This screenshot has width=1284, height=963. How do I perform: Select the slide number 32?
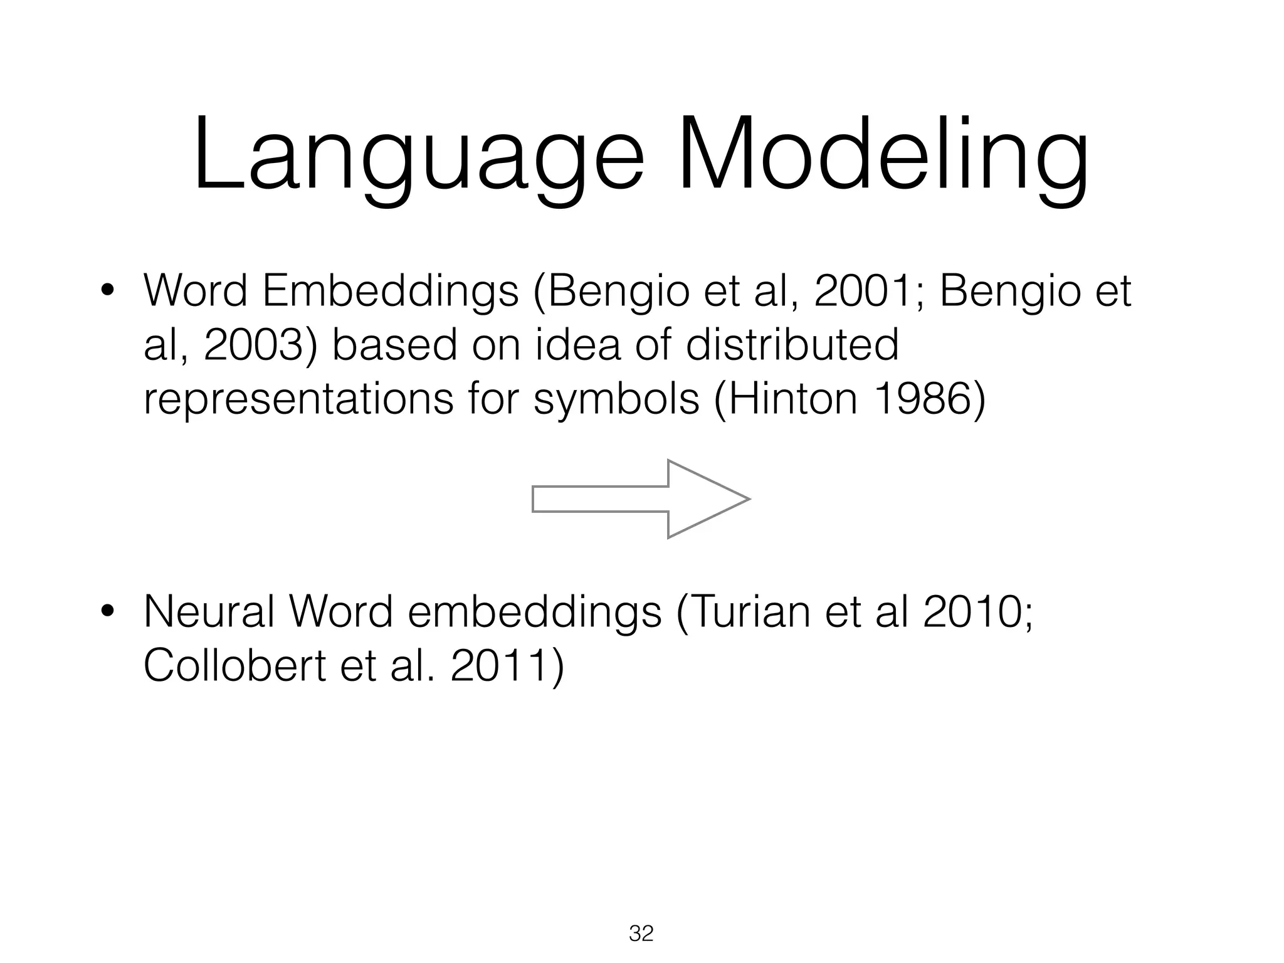point(641,934)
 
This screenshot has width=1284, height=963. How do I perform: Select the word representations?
point(298,400)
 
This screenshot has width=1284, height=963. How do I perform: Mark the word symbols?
point(616,400)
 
